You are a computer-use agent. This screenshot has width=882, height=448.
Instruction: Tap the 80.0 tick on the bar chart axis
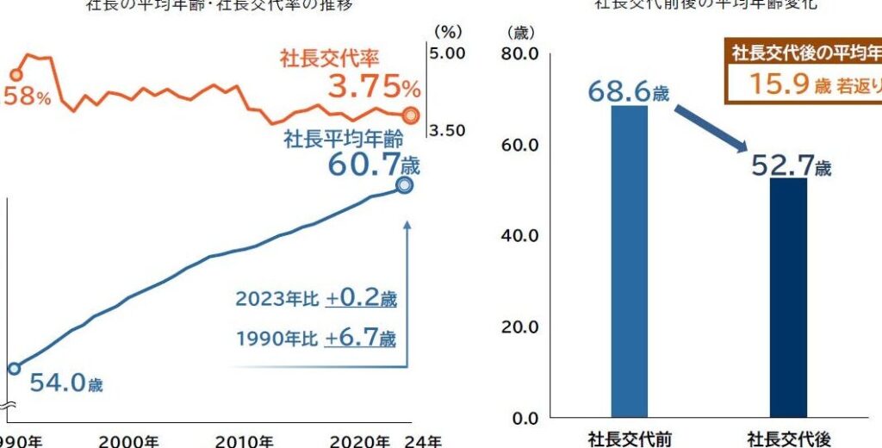[x=519, y=53]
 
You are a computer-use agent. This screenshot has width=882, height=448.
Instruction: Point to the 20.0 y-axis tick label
[x=519, y=327]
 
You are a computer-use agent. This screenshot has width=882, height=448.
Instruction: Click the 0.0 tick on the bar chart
[x=524, y=419]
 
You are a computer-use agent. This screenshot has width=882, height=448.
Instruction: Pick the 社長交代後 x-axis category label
[x=788, y=439]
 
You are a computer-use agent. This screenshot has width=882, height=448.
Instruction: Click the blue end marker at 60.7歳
[x=405, y=184]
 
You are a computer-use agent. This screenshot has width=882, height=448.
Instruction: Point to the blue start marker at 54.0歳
[x=13, y=369]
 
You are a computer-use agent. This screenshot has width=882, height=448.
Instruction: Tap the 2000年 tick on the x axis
[x=128, y=441]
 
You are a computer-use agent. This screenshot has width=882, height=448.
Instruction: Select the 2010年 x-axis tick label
[x=244, y=441]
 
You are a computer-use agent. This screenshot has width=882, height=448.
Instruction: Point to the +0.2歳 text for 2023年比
[x=360, y=299]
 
